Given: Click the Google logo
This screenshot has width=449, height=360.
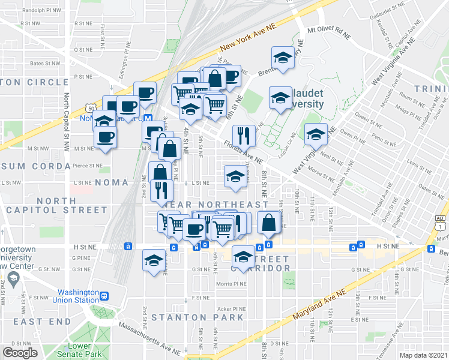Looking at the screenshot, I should pyautogui.click(x=20, y=353).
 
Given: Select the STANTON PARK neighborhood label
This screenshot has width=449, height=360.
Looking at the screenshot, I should pyautogui.click(x=197, y=317).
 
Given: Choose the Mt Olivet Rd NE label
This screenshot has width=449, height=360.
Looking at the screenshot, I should pyautogui.click(x=328, y=30).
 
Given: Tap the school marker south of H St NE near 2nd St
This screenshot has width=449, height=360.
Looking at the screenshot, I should pyautogui.click(x=154, y=261).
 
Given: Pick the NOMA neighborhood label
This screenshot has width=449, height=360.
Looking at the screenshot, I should pyautogui.click(x=111, y=182).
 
